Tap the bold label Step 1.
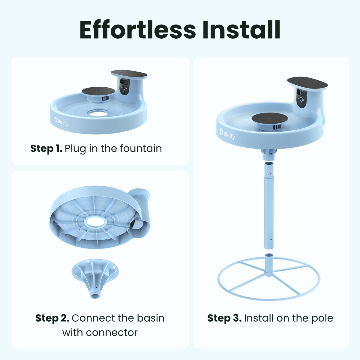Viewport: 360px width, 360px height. click(x=46, y=148)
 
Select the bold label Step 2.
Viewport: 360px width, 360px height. click(x=52, y=318)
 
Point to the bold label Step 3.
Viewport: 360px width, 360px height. click(x=224, y=318)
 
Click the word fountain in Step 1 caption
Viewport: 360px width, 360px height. click(x=141, y=148)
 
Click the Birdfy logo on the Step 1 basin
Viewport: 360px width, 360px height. click(x=61, y=121)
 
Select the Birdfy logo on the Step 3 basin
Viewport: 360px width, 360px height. click(x=227, y=134)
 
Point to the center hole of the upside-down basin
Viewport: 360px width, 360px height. click(x=95, y=222)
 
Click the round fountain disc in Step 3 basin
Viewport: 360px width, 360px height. click(x=269, y=118)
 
